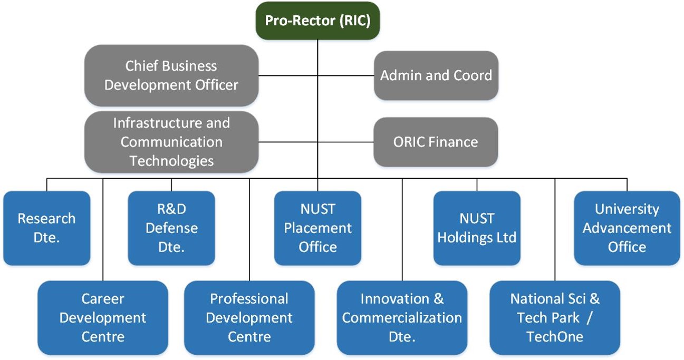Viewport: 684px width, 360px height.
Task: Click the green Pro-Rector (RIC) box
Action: pyautogui.click(x=317, y=21)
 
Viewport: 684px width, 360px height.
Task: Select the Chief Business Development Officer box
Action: pyautogui.click(x=171, y=75)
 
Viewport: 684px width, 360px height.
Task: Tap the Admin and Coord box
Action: pyautogui.click(x=436, y=75)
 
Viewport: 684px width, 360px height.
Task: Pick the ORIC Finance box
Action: pyautogui.click(x=436, y=142)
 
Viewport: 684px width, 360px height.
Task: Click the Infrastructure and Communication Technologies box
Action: pyautogui.click(x=171, y=142)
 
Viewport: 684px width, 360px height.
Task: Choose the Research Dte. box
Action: pyautogui.click(x=46, y=228)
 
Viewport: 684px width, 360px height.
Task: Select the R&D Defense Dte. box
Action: pyautogui.click(x=171, y=228)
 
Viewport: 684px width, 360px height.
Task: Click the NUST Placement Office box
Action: pyautogui.click(x=317, y=228)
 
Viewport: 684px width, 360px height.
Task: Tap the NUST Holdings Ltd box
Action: pyautogui.click(x=477, y=228)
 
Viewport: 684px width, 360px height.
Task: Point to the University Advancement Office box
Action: pyautogui.click(x=627, y=228)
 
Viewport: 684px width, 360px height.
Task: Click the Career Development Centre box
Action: pyautogui.click(x=103, y=317)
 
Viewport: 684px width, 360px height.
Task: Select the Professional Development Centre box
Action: pyautogui.click(x=249, y=317)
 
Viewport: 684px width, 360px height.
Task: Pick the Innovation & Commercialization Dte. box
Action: pyautogui.click(x=402, y=317)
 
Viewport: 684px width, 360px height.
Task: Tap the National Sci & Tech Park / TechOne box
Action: pyautogui.click(x=555, y=317)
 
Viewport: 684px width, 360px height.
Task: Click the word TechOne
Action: pyautogui.click(x=555, y=336)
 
